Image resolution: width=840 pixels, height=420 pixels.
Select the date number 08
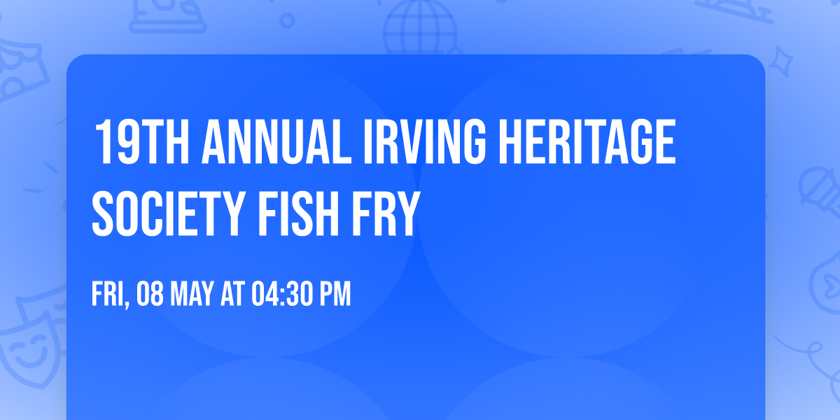point(152,295)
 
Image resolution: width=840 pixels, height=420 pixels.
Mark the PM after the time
point(334,295)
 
